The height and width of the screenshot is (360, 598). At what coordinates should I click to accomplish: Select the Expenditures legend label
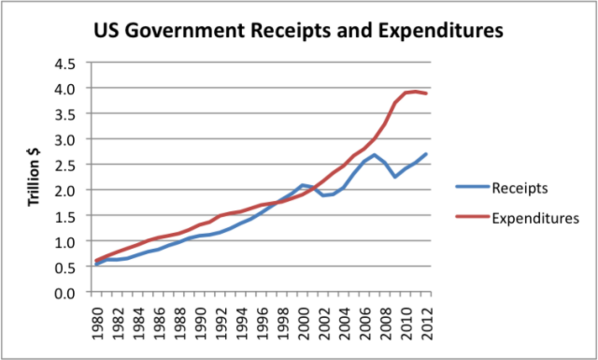535,218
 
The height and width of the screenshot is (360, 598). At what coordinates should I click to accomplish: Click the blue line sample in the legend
472,188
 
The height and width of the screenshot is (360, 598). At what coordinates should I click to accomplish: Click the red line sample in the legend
472,218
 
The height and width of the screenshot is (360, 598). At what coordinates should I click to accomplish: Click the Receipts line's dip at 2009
395,177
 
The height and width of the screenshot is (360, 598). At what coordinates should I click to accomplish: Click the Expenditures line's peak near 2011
416,91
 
